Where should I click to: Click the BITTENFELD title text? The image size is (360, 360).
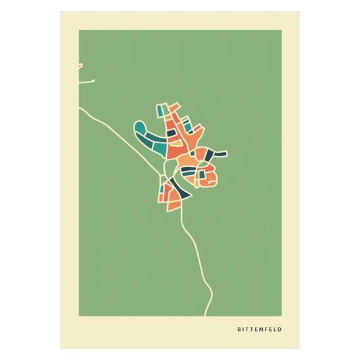tap(260, 330)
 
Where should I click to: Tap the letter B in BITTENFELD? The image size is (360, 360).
tap(239, 330)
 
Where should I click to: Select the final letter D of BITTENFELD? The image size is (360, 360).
tap(280, 330)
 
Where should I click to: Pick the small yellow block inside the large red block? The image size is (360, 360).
tap(175, 142)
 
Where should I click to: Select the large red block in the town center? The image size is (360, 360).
tap(174, 150)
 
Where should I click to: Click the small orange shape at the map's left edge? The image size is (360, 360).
tap(80, 66)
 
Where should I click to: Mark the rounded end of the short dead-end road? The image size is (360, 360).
tap(93, 81)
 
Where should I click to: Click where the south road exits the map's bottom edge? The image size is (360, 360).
tap(207, 315)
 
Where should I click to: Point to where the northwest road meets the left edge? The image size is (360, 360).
tap(80, 108)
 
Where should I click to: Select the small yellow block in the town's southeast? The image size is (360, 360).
tap(197, 182)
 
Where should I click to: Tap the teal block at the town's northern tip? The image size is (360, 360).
tap(161, 108)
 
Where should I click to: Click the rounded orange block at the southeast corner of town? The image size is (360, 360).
tap(211, 178)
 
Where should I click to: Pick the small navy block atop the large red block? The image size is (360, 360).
tap(172, 133)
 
